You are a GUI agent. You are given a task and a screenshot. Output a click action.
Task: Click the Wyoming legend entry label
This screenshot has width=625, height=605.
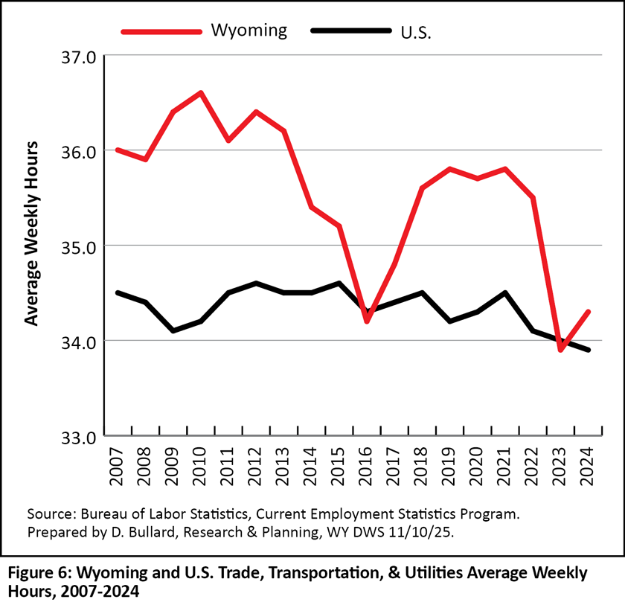(x=249, y=31)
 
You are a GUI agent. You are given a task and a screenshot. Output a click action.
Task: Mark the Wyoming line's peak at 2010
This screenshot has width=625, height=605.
(x=201, y=93)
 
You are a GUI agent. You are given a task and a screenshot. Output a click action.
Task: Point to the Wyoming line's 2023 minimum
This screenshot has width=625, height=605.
(x=560, y=350)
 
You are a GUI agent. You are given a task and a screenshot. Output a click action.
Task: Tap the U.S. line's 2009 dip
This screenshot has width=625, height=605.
(x=173, y=330)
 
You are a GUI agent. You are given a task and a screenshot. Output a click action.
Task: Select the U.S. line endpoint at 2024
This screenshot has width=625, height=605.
(x=589, y=350)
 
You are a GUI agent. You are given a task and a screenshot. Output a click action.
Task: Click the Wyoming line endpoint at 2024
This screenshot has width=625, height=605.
(x=589, y=312)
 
